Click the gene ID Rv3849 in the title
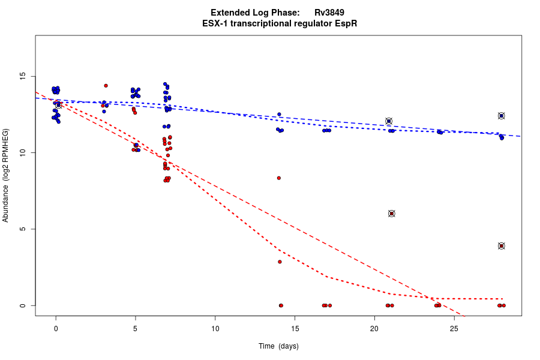pos(329,13)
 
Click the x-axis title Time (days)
pos(278,346)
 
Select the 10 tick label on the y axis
pos(22,153)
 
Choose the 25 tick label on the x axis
pos(454,328)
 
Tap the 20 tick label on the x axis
pos(374,328)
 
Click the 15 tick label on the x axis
pos(295,328)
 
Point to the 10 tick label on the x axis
pos(215,328)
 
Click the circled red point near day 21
pos(392,214)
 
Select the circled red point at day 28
pos(502,246)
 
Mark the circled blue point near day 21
pos(389,121)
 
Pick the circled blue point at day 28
pos(502,116)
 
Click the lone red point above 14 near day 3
pos(106,86)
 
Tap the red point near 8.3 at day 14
pos(279,178)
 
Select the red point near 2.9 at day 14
pos(280,262)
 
